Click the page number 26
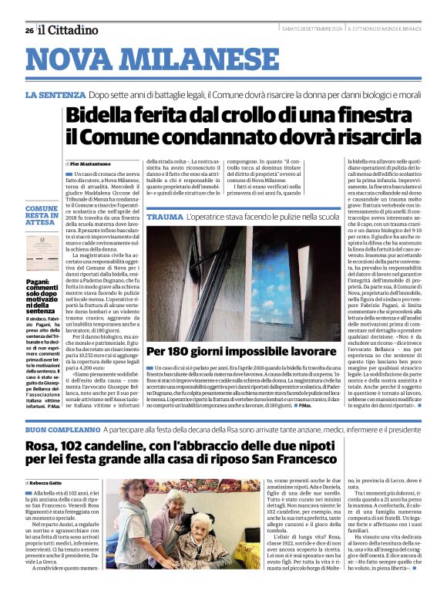(x=29, y=30)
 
